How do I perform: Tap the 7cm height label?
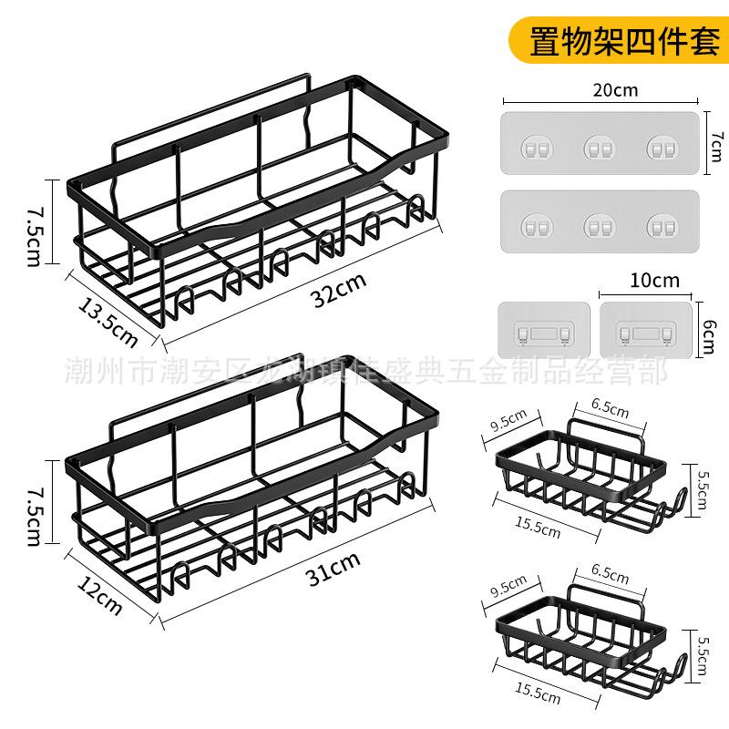[714, 141]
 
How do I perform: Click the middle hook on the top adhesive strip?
[599, 145]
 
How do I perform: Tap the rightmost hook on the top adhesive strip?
[662, 145]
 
